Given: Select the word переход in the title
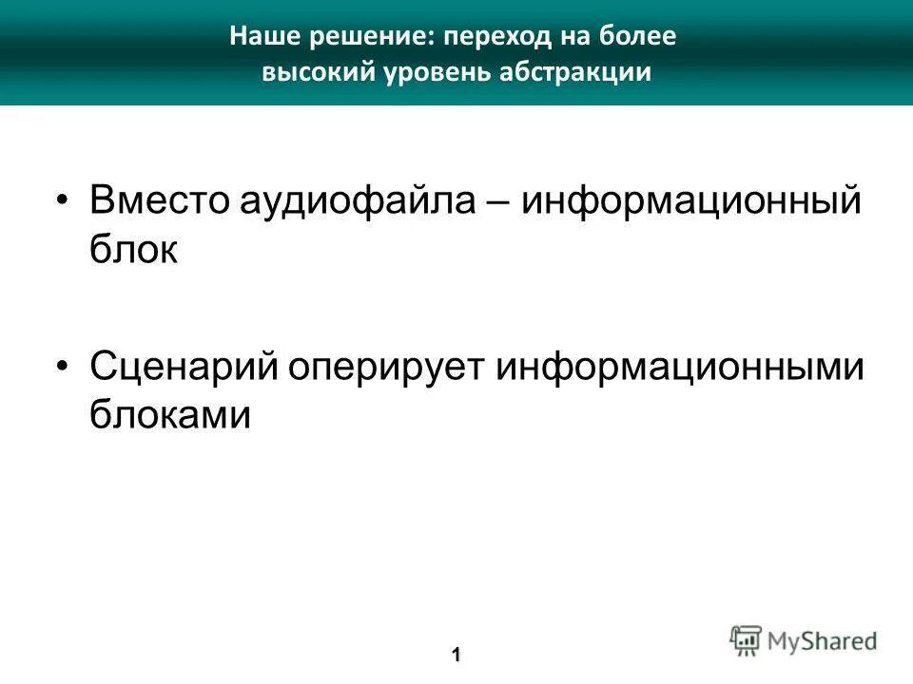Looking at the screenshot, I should [487, 38].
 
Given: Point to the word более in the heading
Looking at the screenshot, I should [641, 38].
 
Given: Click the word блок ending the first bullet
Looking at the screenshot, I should [133, 251].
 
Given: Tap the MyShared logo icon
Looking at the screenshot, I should [747, 640].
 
